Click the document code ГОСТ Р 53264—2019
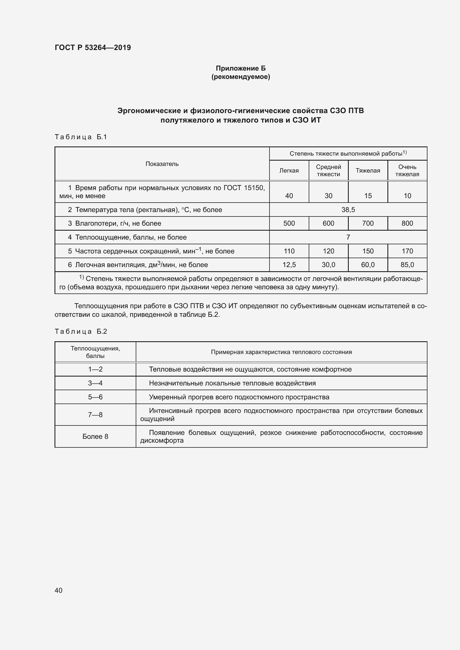93,48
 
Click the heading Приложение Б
241,68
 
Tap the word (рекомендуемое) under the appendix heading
241,77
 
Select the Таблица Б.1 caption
81,137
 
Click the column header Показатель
162,164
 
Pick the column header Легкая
289,170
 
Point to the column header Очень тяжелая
407,170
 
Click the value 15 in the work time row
368,196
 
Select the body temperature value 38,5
348,210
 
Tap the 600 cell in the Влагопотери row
328,223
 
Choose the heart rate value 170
407,251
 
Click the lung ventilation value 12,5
289,265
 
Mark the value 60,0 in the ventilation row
368,265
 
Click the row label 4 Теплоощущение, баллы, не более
127,237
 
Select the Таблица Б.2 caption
81,332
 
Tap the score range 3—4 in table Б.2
95,383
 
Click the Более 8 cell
95,436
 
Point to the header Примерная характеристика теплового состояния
281,352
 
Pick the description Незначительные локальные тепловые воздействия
232,383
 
